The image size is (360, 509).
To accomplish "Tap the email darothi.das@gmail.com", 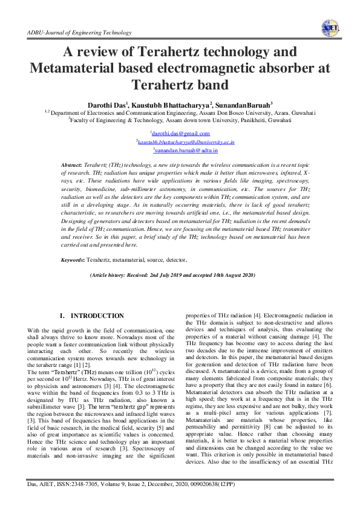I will tap(180, 134).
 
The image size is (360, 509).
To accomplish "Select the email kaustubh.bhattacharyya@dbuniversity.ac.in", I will tap(186, 141).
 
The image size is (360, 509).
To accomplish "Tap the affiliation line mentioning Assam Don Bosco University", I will tap(180, 112).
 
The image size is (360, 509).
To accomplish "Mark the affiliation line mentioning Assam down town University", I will tap(180, 120).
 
